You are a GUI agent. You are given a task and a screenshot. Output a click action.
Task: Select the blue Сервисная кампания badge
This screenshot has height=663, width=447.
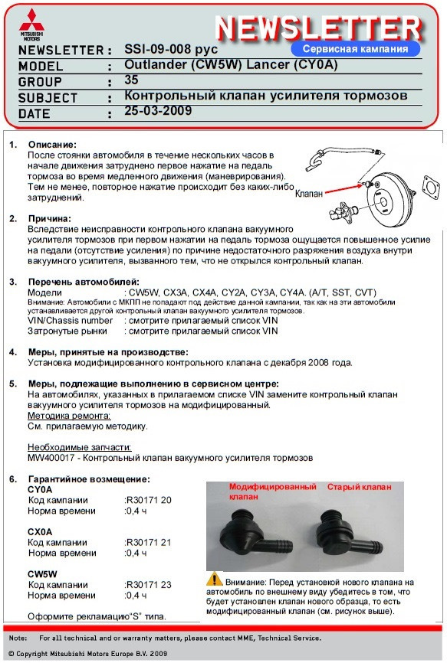[357, 47]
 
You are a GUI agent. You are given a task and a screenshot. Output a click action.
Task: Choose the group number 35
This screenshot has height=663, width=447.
[131, 80]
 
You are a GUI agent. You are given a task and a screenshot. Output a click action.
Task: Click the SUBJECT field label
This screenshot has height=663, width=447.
[48, 98]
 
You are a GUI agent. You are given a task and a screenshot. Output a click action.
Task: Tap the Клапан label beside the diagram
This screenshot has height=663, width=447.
[309, 194]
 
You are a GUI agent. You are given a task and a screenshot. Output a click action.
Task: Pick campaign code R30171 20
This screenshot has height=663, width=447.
[148, 500]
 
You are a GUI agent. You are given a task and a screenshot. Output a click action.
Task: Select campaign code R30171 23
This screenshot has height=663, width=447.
[148, 584]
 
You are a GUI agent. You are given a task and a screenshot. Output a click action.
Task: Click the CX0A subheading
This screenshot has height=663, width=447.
[40, 531]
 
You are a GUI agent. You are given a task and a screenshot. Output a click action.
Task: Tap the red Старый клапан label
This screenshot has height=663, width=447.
[360, 487]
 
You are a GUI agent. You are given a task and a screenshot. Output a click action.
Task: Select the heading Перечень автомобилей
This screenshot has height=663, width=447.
[84, 282]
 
